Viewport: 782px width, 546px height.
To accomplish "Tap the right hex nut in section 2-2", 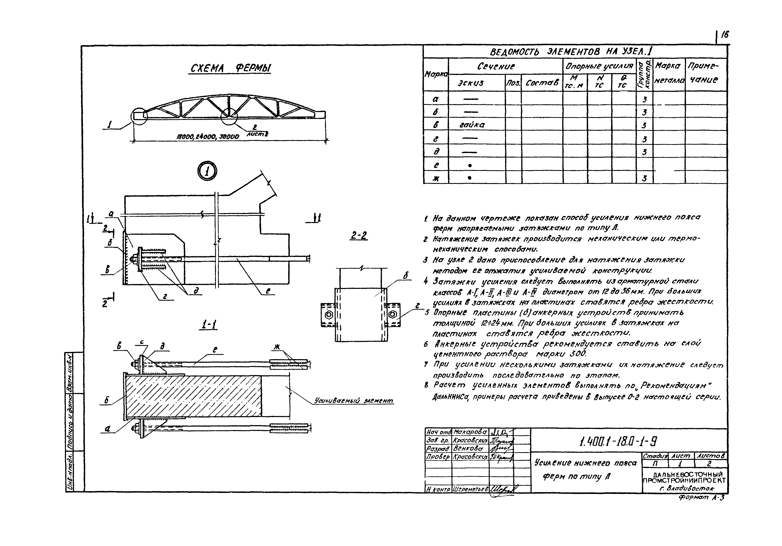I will pyautogui.click(x=392, y=314).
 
